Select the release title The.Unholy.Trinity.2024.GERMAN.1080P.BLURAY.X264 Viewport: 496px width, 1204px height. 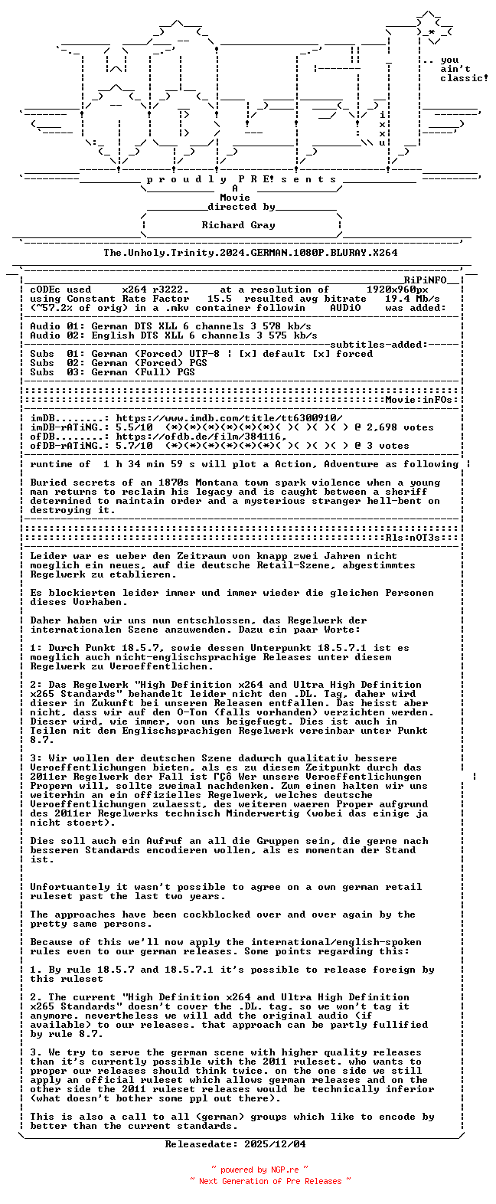pyautogui.click(x=250, y=252)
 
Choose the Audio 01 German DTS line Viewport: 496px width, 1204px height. pyautogui.click(x=170, y=326)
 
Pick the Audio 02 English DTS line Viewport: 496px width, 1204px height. pyautogui.click(x=173, y=335)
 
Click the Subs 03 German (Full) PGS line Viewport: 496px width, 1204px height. pyautogui.click(x=113, y=372)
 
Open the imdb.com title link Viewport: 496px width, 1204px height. pyautogui.click(x=229, y=418)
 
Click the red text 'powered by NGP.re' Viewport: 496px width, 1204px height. pyautogui.click(x=259, y=1170)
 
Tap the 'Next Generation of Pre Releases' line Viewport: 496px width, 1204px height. pyautogui.click(x=270, y=1181)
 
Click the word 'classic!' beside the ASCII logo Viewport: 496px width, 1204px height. pyautogui.click(x=463, y=78)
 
